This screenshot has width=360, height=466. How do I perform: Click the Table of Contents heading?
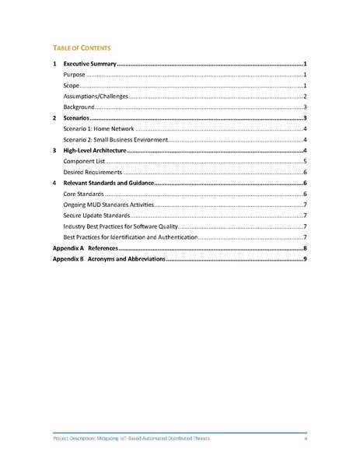point(85,47)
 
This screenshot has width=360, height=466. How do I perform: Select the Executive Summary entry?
point(89,62)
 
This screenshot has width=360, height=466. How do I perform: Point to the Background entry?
point(79,106)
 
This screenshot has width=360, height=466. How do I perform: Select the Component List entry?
point(85,160)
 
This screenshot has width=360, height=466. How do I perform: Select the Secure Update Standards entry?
point(96,215)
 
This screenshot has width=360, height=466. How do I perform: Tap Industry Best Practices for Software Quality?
point(115,226)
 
